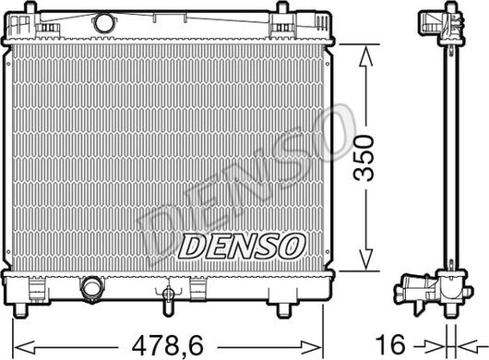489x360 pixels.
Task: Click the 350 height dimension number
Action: pyautogui.click(x=364, y=158)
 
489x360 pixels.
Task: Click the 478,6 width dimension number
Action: pyautogui.click(x=168, y=345)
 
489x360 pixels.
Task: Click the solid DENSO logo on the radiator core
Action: pyautogui.click(x=242, y=246)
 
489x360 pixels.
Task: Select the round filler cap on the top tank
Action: pyautogui.click(x=103, y=22)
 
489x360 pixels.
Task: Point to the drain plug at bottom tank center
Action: pyautogui.click(x=169, y=293)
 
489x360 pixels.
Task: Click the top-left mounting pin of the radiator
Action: pyautogui.click(x=30, y=6)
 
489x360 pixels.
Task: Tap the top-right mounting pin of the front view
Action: pyautogui.click(x=282, y=6)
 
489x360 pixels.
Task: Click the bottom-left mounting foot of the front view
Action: pyautogui.click(x=21, y=309)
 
